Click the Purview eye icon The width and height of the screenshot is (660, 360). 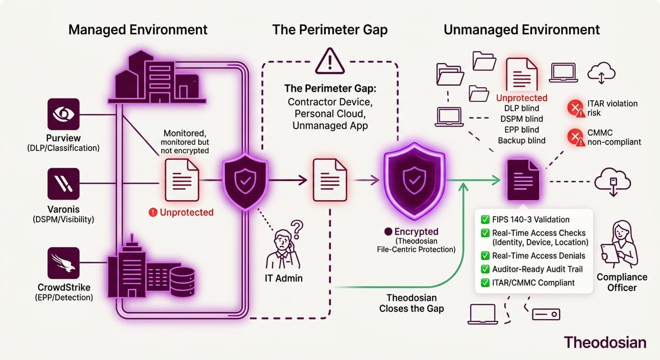point(63,114)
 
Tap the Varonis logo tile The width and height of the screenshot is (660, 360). point(63,184)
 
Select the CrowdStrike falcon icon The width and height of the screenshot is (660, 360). point(63,263)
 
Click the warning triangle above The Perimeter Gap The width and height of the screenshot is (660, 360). point(330,61)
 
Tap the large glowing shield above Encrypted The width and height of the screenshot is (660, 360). point(414,180)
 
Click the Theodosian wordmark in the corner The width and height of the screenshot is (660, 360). point(605,343)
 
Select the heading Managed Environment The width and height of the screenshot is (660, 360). point(138,30)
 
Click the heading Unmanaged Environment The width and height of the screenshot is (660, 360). point(522,30)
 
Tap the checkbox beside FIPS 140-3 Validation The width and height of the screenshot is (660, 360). point(485,219)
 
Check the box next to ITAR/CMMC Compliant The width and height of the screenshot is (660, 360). point(485,283)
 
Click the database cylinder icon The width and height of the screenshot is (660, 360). point(182,282)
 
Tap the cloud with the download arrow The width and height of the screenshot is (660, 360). point(613,182)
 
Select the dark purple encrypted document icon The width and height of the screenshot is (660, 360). point(523,180)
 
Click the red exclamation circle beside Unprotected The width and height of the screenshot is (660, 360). point(153,212)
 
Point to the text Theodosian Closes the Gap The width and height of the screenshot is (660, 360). point(411,303)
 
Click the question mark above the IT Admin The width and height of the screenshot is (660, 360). point(297,230)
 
